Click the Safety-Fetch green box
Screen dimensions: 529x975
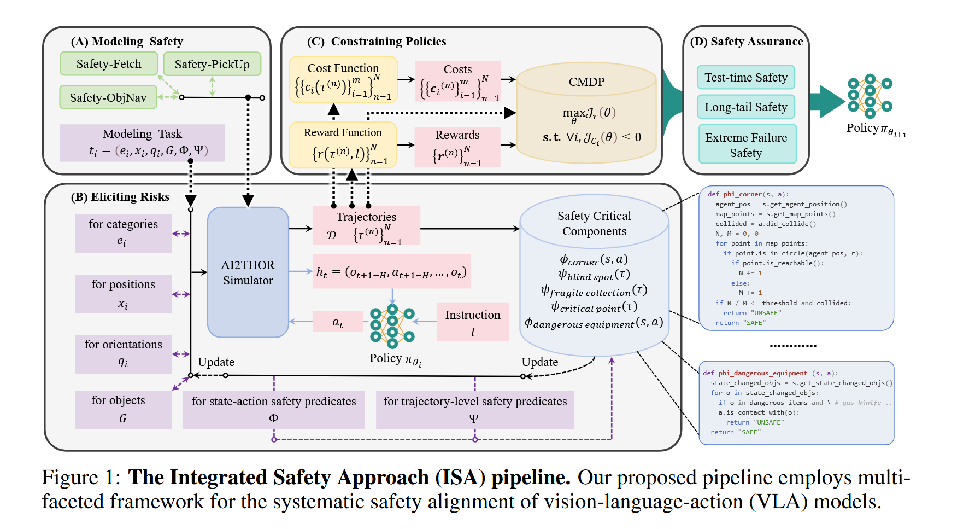click(109, 64)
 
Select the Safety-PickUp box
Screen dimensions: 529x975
click(212, 65)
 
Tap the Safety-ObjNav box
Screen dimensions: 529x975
click(108, 97)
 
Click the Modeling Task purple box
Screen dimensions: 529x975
click(142, 143)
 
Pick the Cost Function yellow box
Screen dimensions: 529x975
click(343, 79)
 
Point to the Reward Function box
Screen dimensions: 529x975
click(343, 145)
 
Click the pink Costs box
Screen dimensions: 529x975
click(458, 81)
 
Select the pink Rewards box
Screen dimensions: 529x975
click(457, 147)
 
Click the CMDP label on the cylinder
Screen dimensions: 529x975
click(586, 82)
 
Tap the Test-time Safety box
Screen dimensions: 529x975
click(746, 78)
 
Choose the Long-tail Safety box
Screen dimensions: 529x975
click(746, 107)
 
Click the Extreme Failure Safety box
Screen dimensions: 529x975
click(747, 144)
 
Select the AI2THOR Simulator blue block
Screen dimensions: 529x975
click(248, 272)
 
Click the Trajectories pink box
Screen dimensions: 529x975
click(366, 225)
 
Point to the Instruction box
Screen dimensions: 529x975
click(473, 322)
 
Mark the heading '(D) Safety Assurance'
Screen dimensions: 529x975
click(746, 42)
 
